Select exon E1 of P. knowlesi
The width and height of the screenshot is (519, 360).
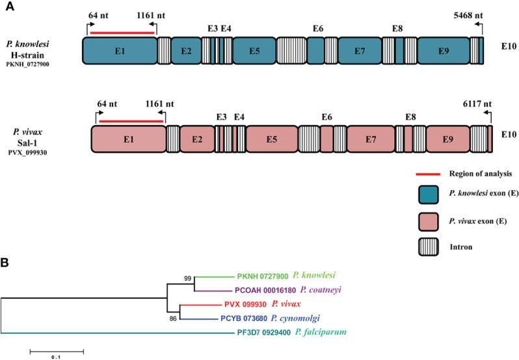tap(120, 50)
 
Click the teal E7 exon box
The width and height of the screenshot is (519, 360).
tap(360, 50)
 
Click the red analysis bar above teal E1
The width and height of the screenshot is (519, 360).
tap(122, 31)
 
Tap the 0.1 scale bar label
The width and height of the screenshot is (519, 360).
tap(56, 356)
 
